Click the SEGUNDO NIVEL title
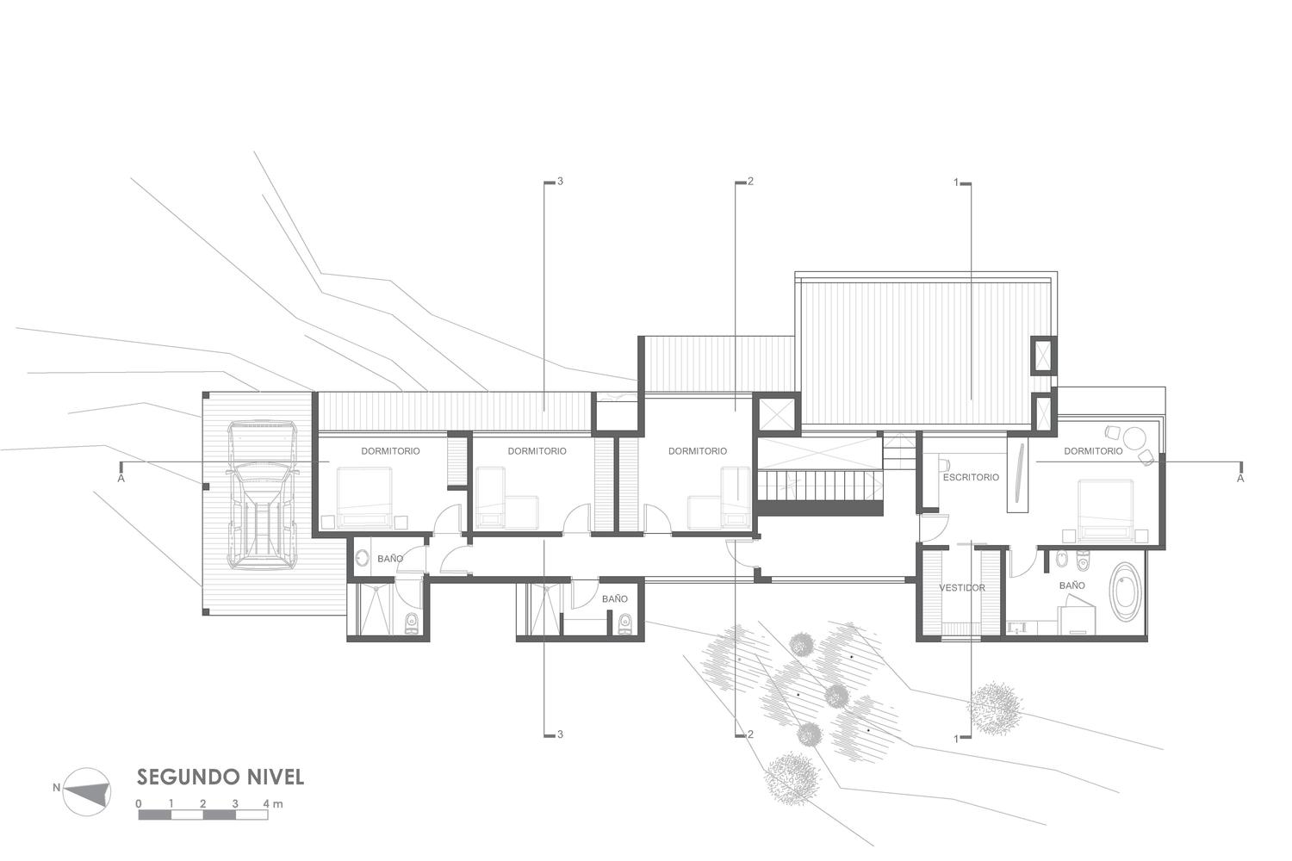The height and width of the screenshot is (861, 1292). [x=221, y=777]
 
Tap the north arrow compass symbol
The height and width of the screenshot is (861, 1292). [x=86, y=792]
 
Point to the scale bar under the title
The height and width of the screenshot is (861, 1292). [x=203, y=815]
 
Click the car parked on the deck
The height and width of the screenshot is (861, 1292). [x=263, y=495]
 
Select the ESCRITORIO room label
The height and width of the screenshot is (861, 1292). [x=972, y=478]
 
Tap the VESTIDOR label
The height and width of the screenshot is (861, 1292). [x=962, y=588]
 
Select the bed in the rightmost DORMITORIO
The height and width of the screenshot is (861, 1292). [x=1105, y=511]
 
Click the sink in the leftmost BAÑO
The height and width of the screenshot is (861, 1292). [x=363, y=558]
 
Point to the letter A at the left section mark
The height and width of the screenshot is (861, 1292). [x=121, y=478]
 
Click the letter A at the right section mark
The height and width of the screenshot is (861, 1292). [x=1240, y=478]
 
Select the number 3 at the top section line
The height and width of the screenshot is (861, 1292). [x=560, y=182]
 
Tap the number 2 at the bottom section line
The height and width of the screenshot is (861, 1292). [x=750, y=734]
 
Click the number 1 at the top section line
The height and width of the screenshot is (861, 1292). [x=956, y=183]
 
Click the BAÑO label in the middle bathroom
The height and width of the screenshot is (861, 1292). [x=615, y=599]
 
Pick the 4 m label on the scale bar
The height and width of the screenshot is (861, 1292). [x=273, y=803]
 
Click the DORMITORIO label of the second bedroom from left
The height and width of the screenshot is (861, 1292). [x=537, y=451]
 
